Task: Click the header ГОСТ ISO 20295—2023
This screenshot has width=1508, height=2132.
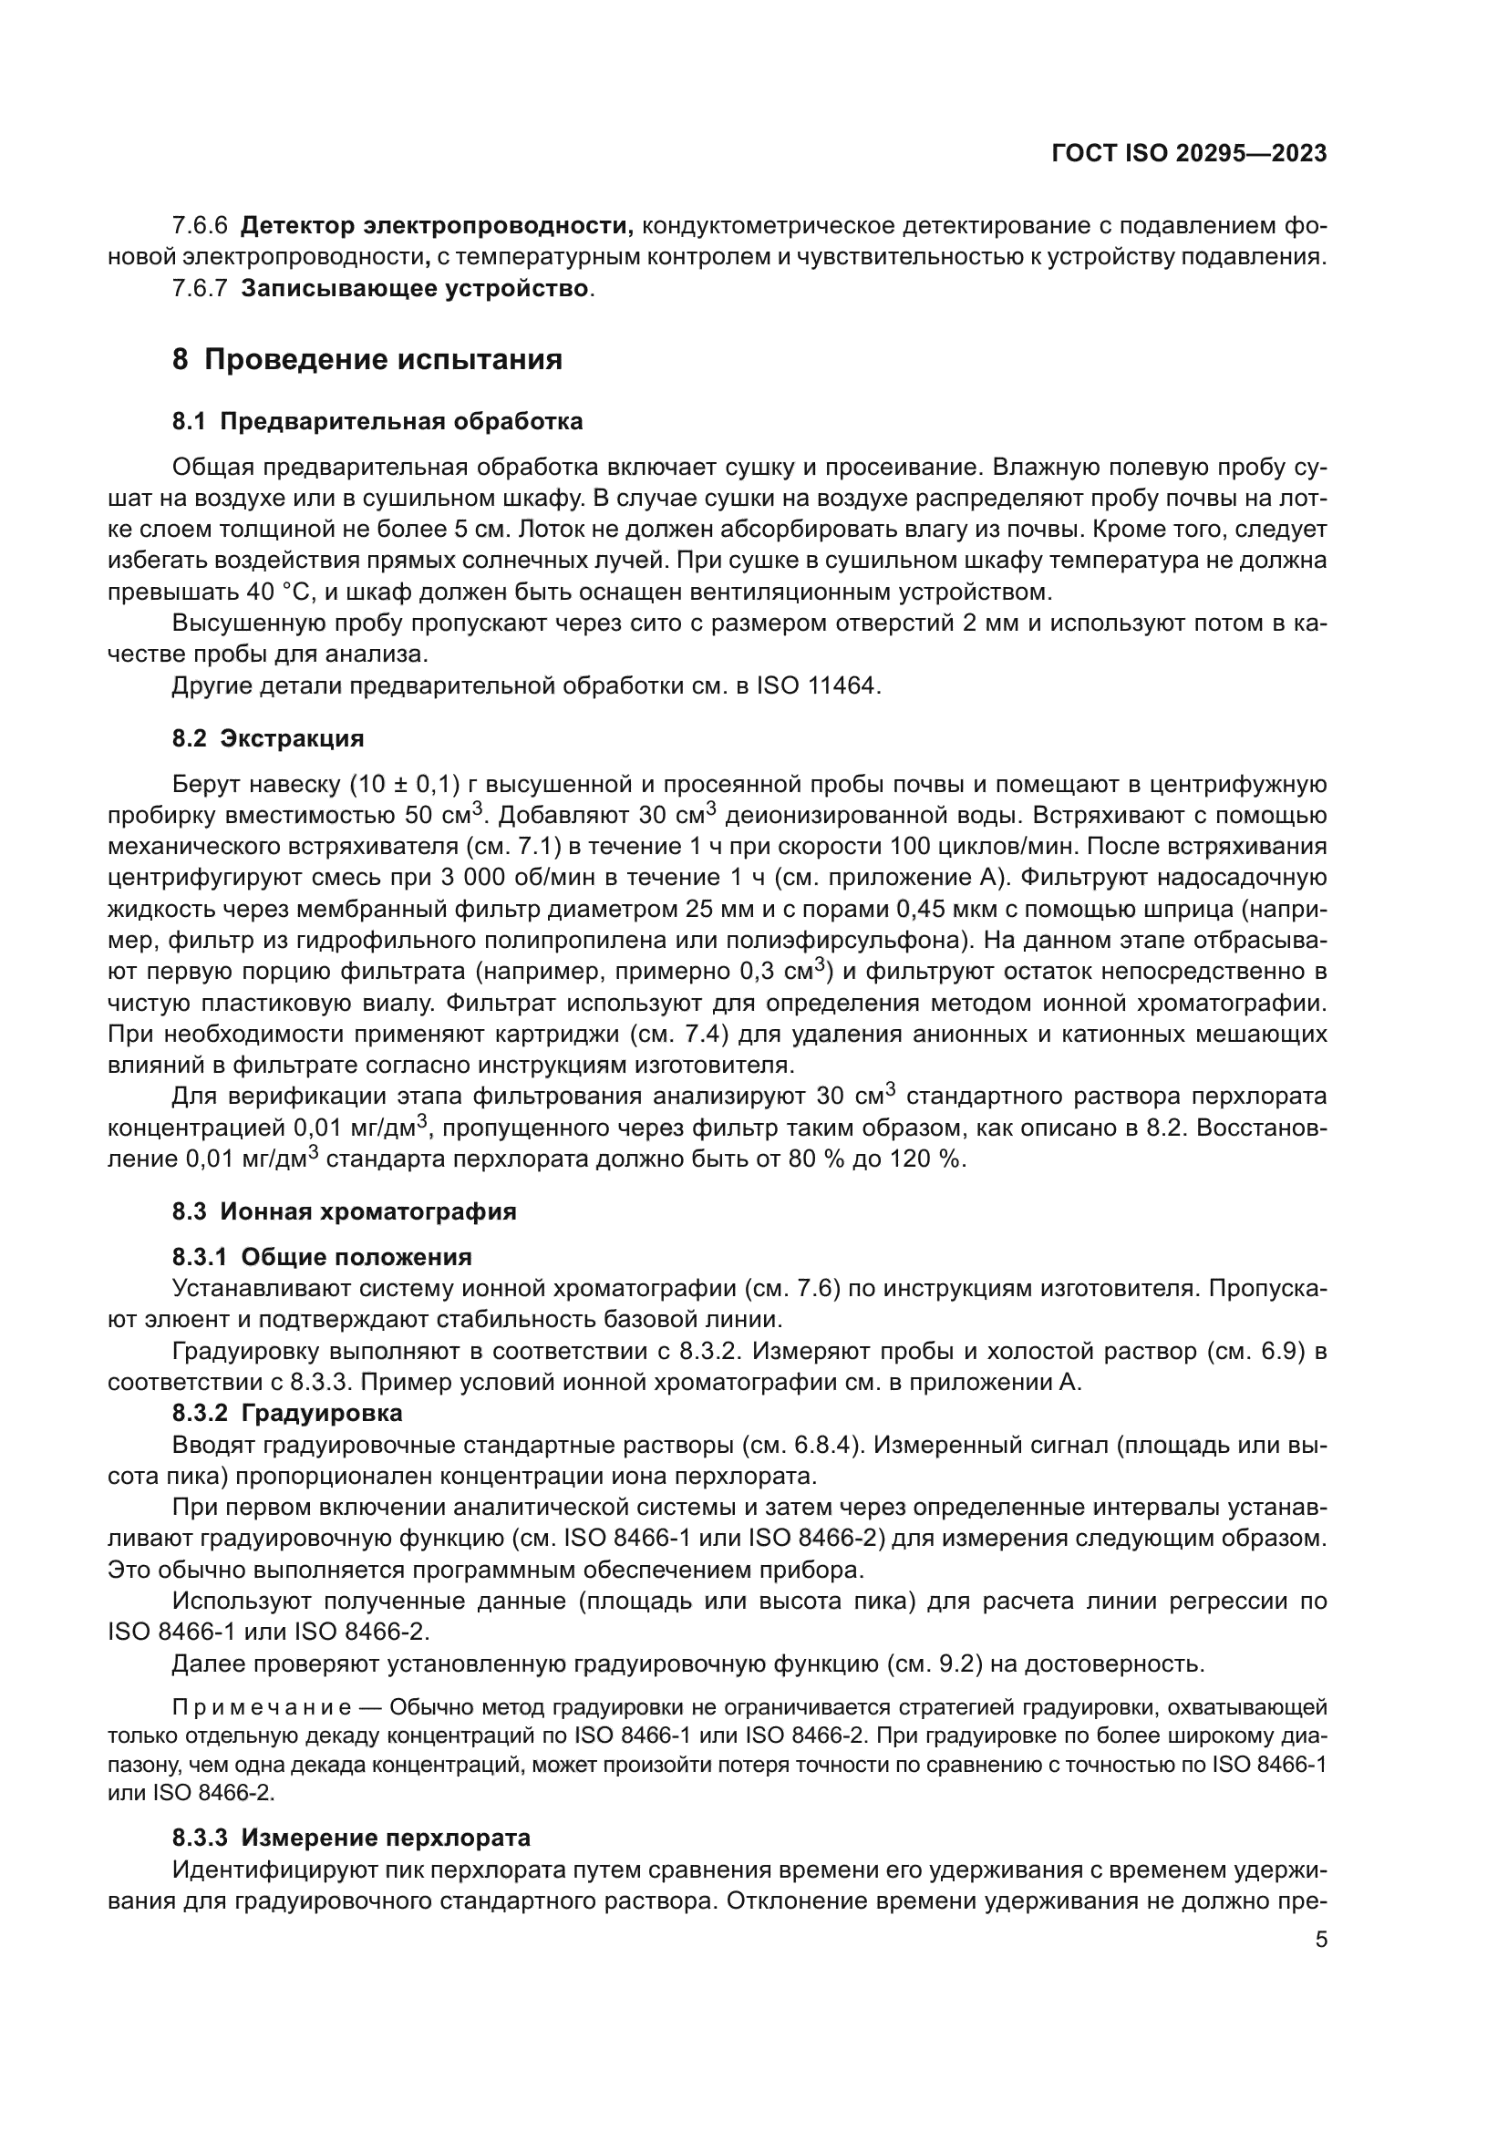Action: pos(1189,154)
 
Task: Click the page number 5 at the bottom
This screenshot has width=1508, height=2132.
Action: pos(1320,1939)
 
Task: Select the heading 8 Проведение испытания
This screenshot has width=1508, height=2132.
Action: pos(367,359)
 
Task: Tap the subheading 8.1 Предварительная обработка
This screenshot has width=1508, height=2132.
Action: pos(377,422)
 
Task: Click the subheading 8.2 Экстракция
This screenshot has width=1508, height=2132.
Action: pos(267,739)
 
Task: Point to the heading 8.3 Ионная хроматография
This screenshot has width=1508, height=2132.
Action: pos(344,1211)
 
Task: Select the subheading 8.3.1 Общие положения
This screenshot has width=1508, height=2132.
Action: pos(321,1257)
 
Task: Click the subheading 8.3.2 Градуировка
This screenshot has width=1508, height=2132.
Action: pos(287,1414)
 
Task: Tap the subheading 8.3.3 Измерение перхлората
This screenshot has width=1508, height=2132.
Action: pos(351,1838)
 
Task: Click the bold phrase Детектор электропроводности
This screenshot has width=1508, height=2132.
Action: pos(437,226)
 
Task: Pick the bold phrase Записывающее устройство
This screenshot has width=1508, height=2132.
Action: pos(414,289)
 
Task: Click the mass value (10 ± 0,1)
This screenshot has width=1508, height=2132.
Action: pos(405,785)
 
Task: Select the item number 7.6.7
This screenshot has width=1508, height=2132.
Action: pos(200,289)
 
